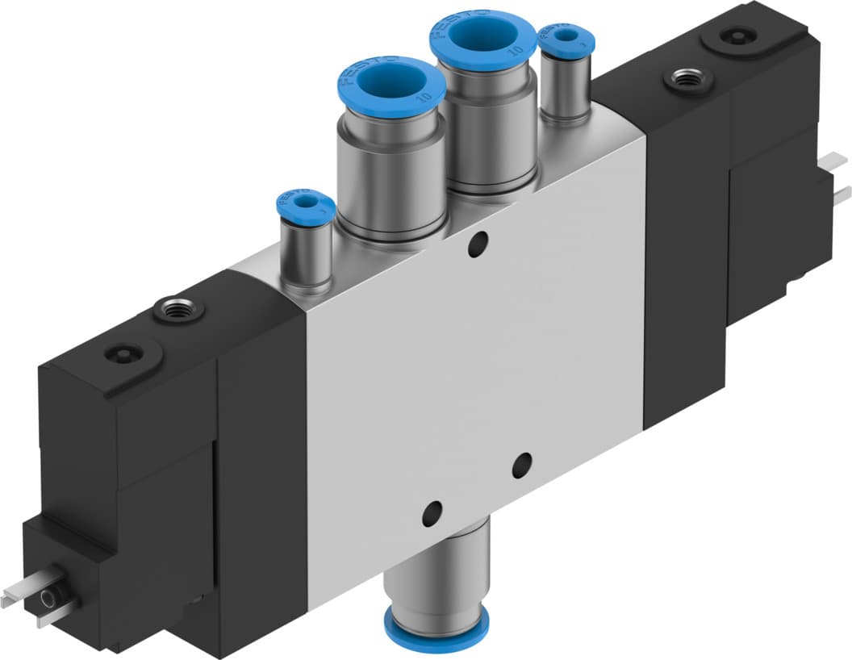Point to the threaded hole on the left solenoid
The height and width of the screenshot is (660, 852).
point(175,308)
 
